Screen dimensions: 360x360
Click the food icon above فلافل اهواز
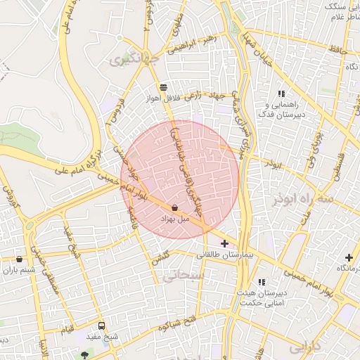point(164,87)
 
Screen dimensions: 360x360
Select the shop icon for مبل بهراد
point(174,208)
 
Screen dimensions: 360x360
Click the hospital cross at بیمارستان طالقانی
point(224,243)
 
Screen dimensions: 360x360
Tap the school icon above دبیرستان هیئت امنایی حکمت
point(262,282)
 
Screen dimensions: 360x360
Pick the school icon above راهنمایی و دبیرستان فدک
point(281,94)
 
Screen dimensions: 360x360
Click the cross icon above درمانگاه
point(349,258)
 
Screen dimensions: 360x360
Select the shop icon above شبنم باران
point(19,259)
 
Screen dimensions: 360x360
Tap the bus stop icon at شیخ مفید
point(102,326)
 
